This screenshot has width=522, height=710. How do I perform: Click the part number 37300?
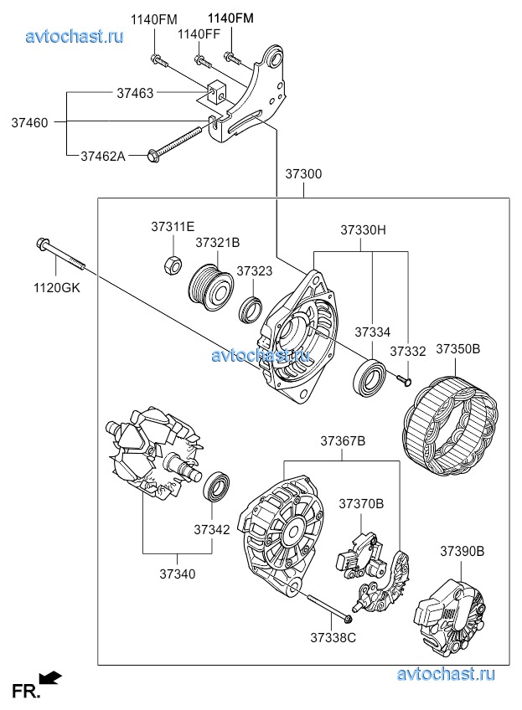[302, 174]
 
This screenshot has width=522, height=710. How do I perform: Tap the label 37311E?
[173, 227]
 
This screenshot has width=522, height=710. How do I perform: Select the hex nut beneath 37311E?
[171, 265]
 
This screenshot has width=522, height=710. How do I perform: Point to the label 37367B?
[342, 440]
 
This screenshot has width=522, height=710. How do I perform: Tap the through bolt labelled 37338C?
[327, 609]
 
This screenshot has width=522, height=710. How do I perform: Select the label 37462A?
[103, 155]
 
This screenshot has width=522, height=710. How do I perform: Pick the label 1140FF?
[198, 33]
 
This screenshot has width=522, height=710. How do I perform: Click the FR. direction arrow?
[50, 677]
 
